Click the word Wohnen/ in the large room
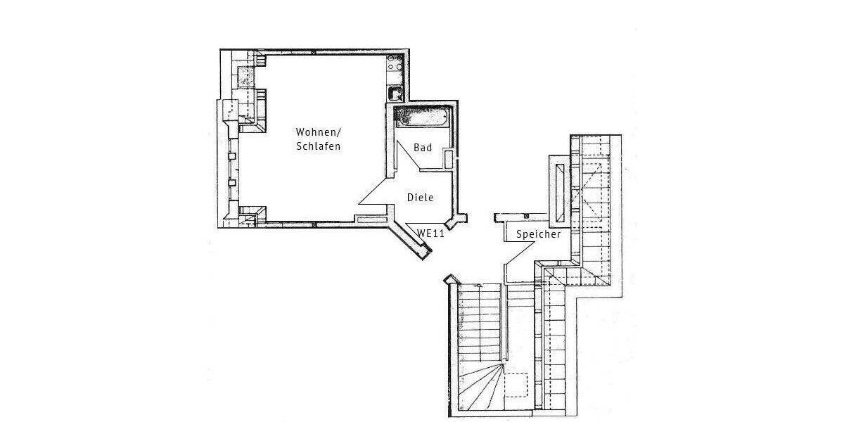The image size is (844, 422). click(318, 132)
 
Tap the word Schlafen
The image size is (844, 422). click(319, 147)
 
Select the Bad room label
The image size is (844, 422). click(423, 148)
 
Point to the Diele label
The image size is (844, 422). click(421, 198)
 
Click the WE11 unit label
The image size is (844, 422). click(430, 234)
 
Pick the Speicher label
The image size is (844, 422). click(538, 234)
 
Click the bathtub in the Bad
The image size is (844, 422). click(420, 117)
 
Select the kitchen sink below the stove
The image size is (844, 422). click(395, 93)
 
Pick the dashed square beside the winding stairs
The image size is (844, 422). click(518, 385)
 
